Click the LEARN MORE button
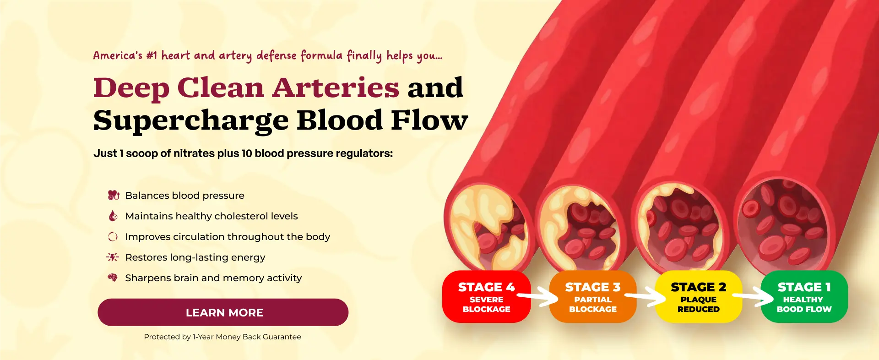point(223,312)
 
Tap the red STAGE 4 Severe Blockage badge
point(486,297)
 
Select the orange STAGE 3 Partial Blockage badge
point(593,297)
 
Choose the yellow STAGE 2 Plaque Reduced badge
point(699,297)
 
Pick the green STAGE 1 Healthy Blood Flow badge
point(804,297)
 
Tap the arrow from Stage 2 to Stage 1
point(754,297)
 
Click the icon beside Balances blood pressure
point(113,195)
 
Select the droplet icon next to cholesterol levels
point(113,216)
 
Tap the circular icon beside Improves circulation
point(113,236)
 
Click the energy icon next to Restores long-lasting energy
point(113,257)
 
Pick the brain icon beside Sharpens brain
point(113,278)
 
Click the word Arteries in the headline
point(336,87)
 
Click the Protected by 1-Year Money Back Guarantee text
point(222,337)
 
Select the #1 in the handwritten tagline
point(152,55)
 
